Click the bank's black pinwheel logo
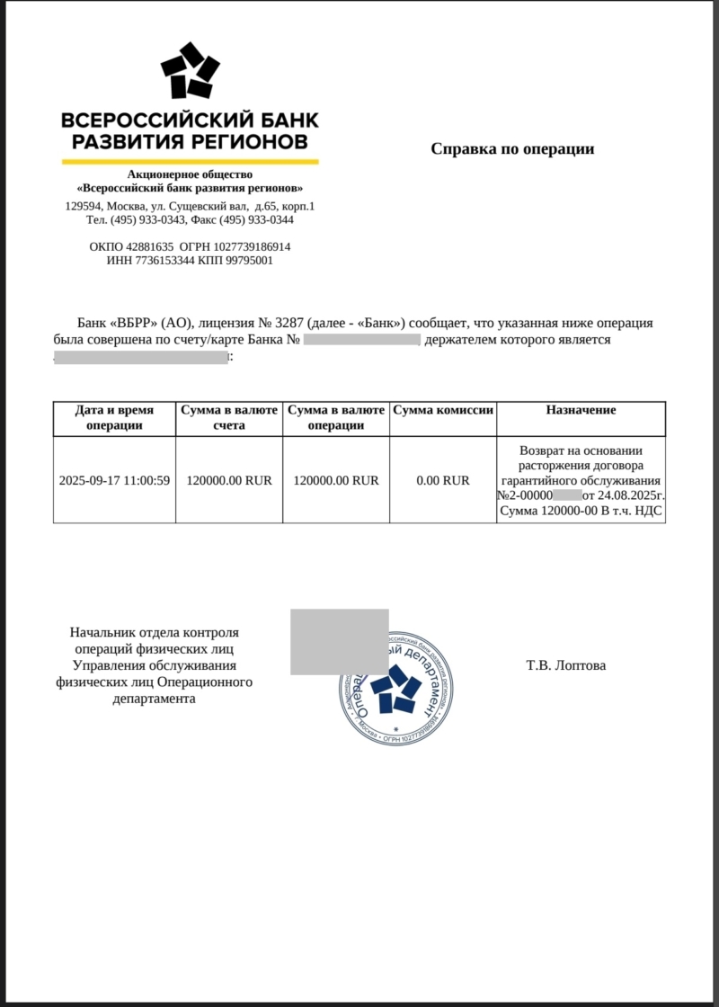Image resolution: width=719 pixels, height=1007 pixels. (x=190, y=71)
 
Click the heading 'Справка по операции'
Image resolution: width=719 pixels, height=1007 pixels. (x=512, y=148)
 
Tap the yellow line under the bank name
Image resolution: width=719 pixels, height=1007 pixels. (x=190, y=162)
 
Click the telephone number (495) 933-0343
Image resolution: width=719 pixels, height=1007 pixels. (x=152, y=219)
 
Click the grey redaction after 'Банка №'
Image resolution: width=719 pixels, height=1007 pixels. (x=362, y=340)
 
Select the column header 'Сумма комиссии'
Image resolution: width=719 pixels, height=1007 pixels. (x=443, y=410)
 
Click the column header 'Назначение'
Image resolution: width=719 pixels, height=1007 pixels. (x=581, y=410)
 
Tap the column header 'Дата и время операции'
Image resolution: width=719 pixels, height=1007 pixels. (x=114, y=417)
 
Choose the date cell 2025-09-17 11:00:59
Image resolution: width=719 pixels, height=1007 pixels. (x=114, y=480)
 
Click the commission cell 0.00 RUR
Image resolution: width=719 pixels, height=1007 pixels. (x=443, y=480)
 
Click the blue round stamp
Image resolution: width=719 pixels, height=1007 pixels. (x=397, y=689)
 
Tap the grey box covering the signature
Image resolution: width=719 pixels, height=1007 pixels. (x=339, y=641)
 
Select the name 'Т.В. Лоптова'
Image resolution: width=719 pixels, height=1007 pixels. (x=566, y=666)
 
